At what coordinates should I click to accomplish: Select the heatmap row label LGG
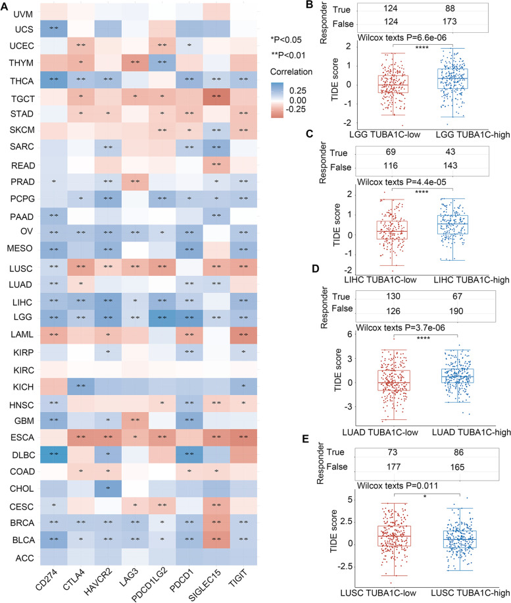coord(21,317)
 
